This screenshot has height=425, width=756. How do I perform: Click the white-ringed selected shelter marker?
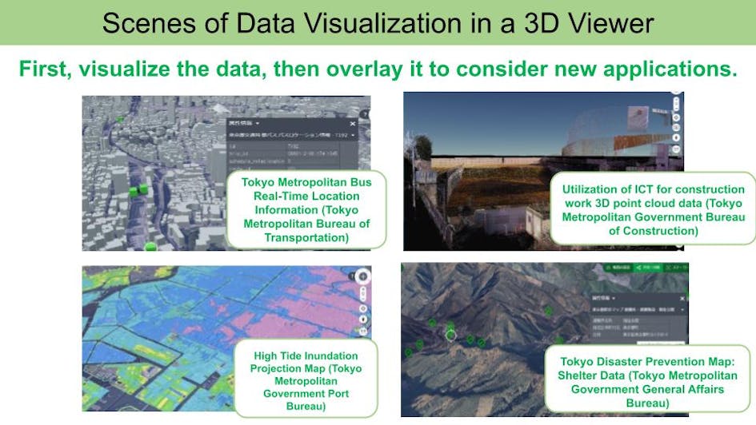click(450, 335)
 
